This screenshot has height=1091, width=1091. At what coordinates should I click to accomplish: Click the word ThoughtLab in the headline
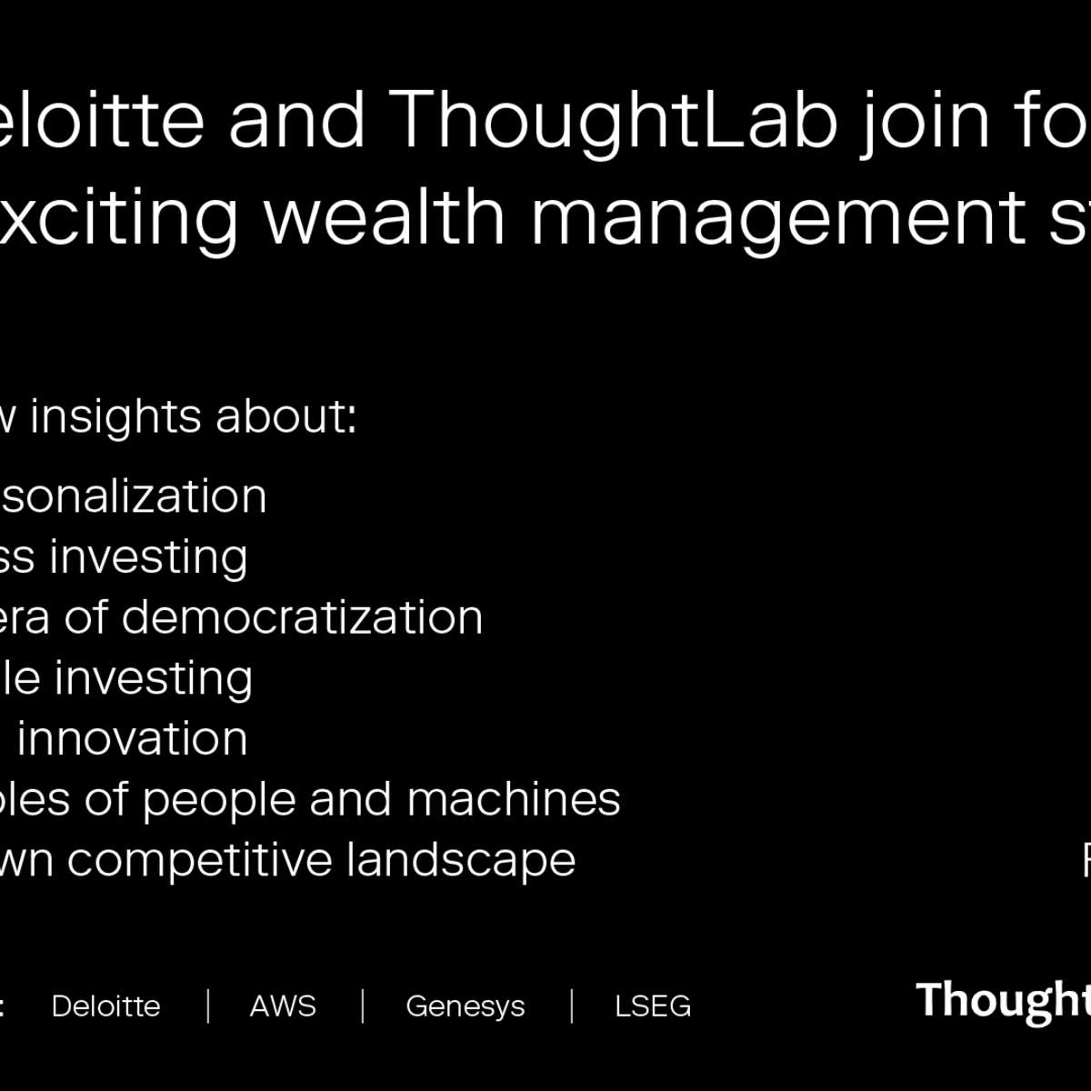[x=617, y=120]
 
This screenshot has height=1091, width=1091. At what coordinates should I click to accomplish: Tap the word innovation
[x=133, y=738]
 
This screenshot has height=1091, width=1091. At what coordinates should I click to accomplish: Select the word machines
[x=514, y=800]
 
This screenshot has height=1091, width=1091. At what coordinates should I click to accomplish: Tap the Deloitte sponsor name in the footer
[x=105, y=1006]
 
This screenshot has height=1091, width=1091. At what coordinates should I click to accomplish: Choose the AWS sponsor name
[x=283, y=1006]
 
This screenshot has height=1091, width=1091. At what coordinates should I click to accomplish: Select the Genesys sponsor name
[x=465, y=1006]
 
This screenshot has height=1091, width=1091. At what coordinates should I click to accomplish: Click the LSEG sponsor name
[x=653, y=1006]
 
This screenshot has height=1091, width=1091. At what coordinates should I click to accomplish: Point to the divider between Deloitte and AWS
[x=208, y=1006]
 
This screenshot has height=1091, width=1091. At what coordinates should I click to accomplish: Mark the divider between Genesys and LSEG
[x=572, y=1006]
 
